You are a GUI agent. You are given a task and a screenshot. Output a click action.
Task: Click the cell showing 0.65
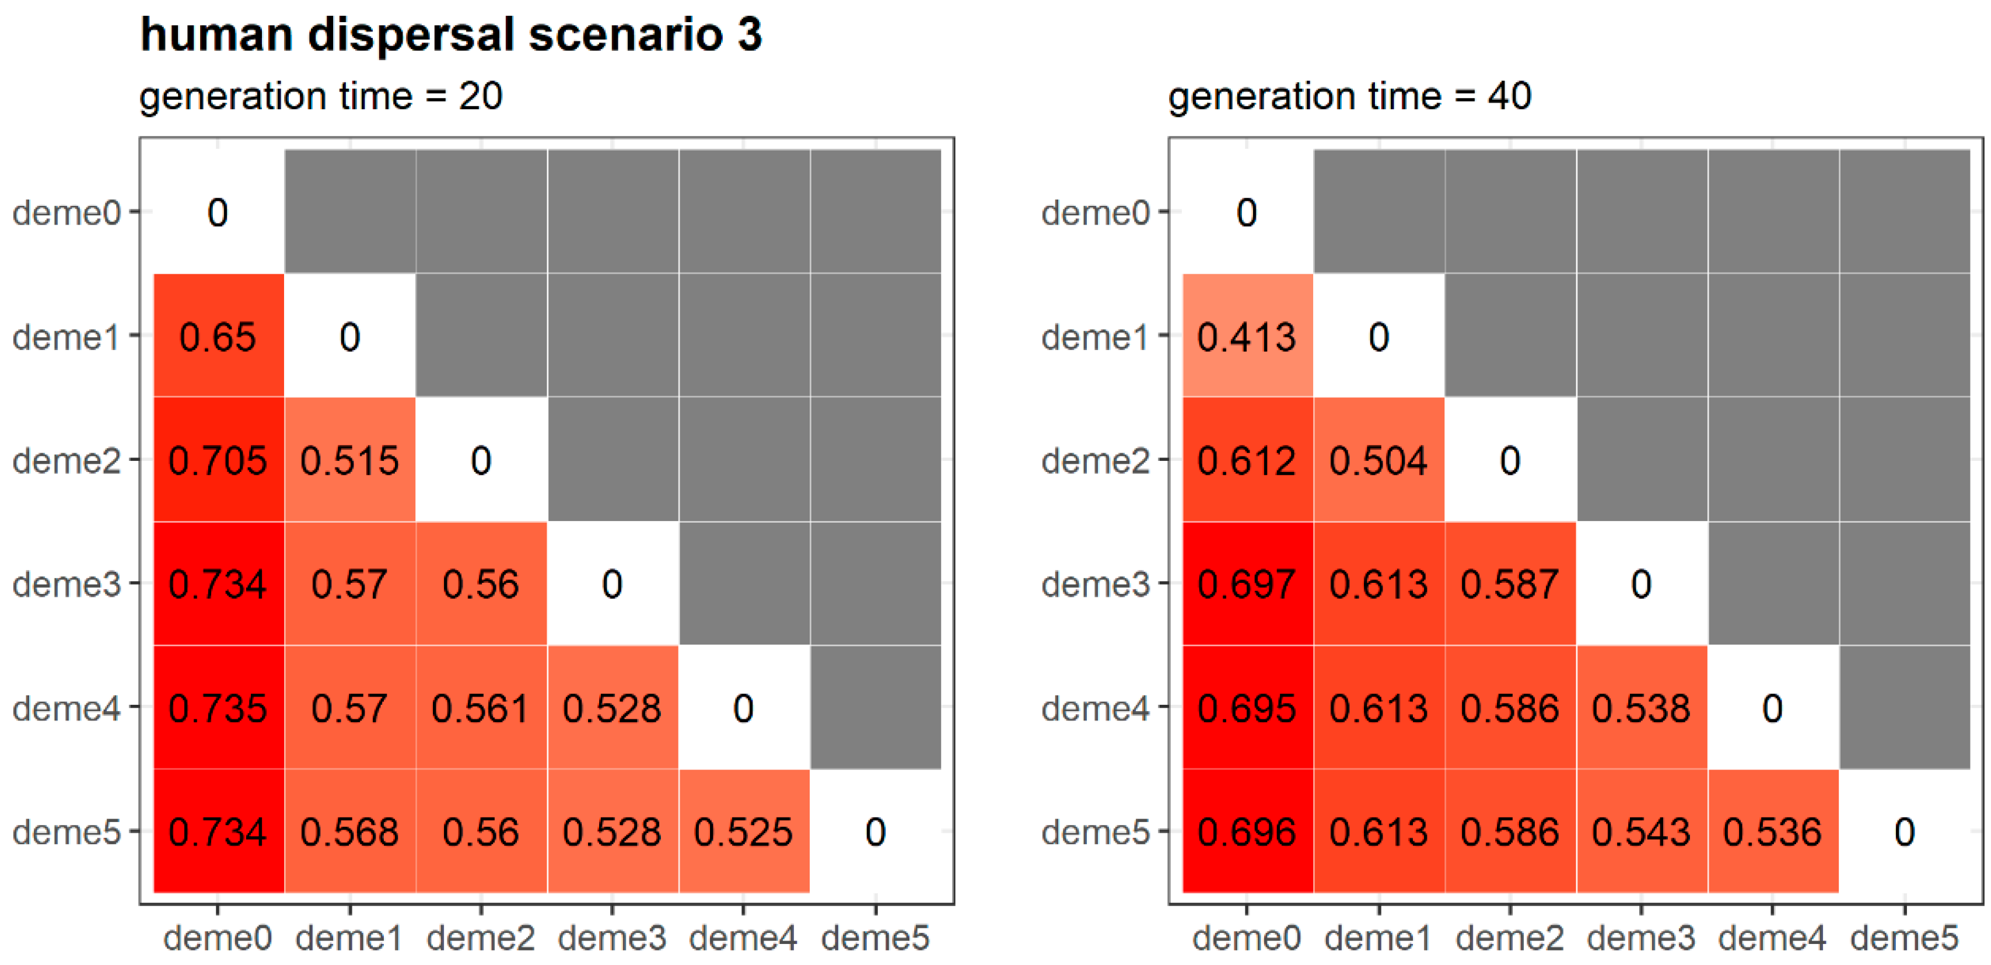218,337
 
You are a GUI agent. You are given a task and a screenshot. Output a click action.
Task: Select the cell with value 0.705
218,460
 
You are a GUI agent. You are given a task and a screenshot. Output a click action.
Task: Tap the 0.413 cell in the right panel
1247,337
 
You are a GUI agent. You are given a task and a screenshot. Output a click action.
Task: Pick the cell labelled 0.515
349,460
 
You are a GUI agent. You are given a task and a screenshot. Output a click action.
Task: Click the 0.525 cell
744,831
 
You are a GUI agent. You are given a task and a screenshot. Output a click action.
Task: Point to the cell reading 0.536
1772,831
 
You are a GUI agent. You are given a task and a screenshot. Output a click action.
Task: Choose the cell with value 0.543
1641,831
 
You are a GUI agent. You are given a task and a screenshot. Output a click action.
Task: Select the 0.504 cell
1378,460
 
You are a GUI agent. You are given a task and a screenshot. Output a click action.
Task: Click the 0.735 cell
218,708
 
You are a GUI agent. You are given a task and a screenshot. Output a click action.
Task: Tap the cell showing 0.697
1247,584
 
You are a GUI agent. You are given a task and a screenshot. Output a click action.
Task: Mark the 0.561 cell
481,708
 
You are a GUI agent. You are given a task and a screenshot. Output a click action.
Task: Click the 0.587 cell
1510,584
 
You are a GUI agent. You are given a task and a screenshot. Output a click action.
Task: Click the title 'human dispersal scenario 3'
450,35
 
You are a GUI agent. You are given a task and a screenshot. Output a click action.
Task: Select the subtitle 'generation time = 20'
321,97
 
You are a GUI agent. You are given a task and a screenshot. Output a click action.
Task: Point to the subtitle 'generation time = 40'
1349,97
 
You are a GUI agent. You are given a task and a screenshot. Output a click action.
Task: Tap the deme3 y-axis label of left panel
67,584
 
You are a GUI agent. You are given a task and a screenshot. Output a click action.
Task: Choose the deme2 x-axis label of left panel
481,938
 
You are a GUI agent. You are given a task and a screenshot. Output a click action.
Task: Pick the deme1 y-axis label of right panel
1095,337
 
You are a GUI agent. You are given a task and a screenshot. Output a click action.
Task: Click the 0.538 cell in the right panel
1641,708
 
